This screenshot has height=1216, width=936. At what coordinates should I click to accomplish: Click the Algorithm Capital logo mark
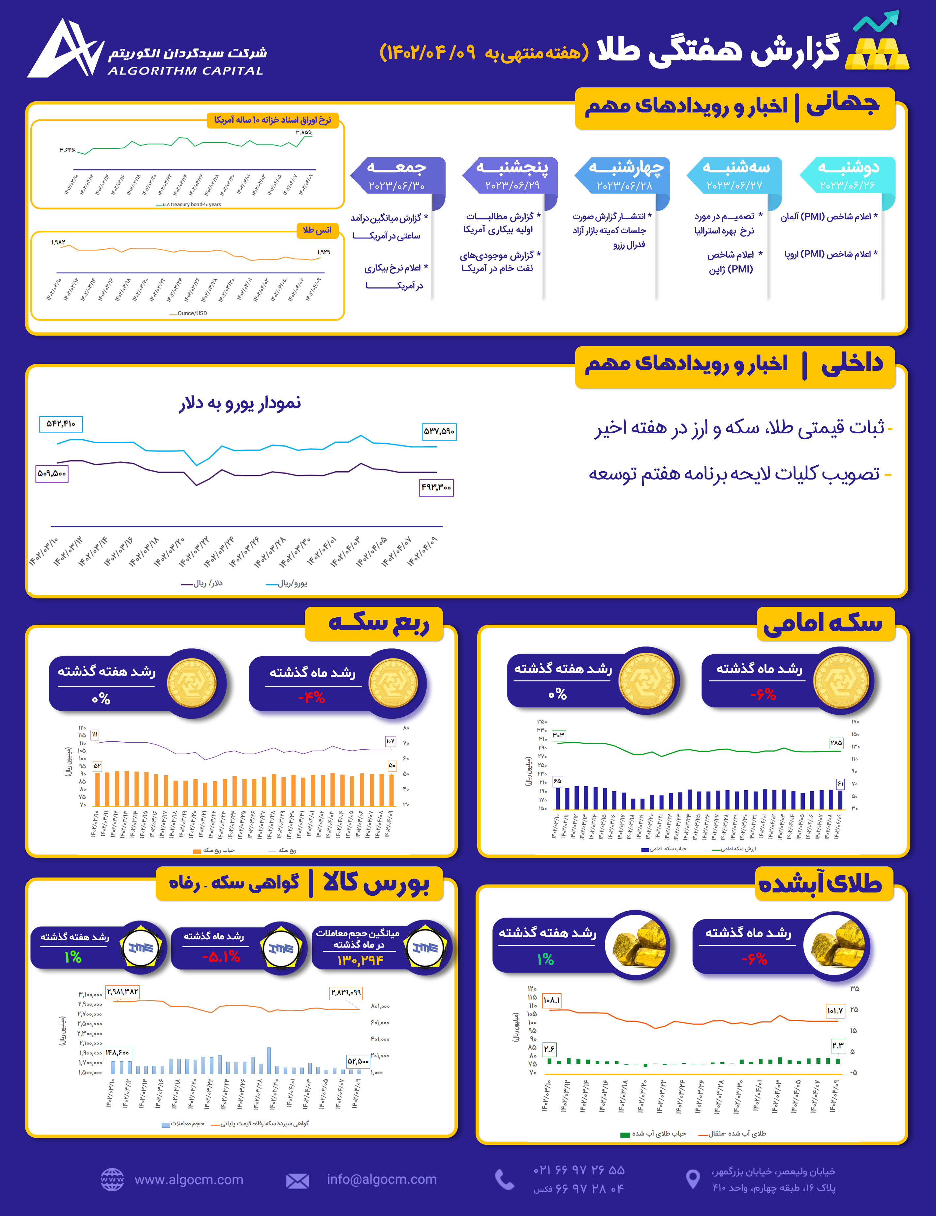coord(66,49)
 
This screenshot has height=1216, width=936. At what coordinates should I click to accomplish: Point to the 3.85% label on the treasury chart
coord(304,133)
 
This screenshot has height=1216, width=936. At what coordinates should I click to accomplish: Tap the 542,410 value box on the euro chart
coord(61,424)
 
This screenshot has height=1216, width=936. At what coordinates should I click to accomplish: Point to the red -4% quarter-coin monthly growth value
coord(311,697)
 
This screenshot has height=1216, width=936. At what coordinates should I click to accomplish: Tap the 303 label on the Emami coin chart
coord(558,735)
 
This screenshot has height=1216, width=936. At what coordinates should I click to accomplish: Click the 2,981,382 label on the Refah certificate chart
coord(122,992)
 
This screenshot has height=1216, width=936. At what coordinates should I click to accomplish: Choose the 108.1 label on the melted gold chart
coord(551,1001)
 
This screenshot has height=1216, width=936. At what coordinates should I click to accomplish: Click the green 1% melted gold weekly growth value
coord(546,959)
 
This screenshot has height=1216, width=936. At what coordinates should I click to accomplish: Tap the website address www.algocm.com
coord(189,1179)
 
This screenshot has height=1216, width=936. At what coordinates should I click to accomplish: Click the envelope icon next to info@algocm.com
coord(297,1180)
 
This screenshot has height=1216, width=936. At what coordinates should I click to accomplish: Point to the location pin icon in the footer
coord(692,1179)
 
